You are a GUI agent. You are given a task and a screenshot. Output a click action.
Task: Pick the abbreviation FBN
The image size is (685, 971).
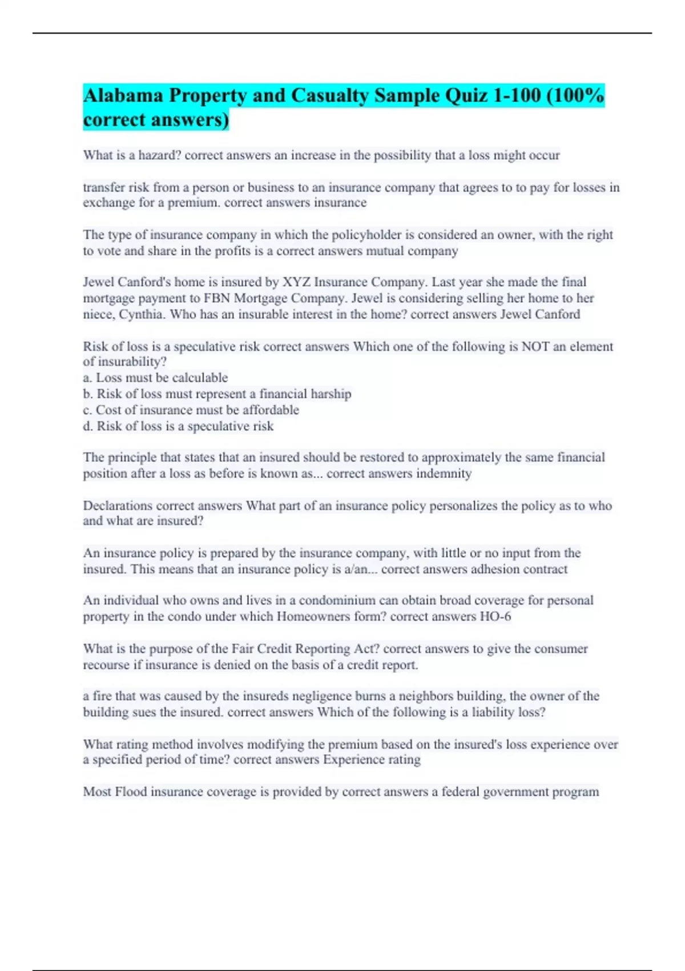(x=217, y=298)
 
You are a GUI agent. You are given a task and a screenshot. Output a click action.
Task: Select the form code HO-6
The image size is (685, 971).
(x=495, y=616)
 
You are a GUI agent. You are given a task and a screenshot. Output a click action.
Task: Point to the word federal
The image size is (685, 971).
(x=460, y=792)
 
